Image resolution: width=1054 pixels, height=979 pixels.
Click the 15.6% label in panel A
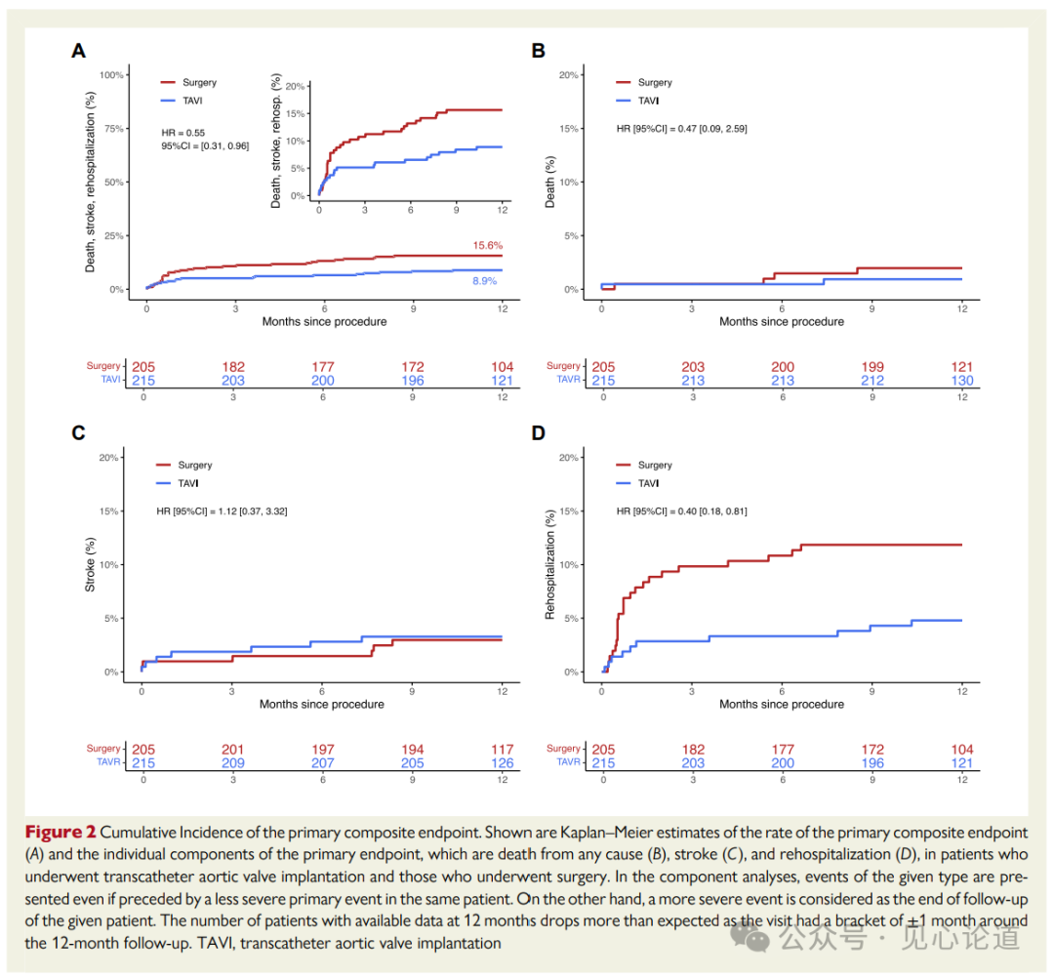(x=489, y=245)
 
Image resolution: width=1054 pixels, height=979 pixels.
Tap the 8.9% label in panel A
(x=485, y=281)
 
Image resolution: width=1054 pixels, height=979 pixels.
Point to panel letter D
(x=538, y=431)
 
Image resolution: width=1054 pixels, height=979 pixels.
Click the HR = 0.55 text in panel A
(x=182, y=131)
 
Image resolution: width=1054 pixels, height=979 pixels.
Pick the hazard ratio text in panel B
(x=681, y=128)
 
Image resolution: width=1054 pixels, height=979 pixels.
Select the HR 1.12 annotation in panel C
(x=222, y=510)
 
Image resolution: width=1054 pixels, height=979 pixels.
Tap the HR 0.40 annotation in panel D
(x=681, y=510)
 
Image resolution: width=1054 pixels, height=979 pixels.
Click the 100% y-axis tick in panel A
(x=110, y=75)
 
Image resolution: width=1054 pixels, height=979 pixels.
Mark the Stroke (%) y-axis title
(x=91, y=566)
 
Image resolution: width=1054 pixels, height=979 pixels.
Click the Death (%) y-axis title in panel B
(x=549, y=183)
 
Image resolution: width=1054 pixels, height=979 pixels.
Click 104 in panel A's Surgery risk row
(x=503, y=367)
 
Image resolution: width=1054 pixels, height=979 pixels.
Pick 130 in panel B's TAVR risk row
(x=961, y=381)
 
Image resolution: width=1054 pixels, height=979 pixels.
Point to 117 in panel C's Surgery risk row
(x=503, y=749)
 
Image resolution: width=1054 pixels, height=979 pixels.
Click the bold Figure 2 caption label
(x=61, y=833)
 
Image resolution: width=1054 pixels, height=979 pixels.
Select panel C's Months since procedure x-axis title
(x=322, y=704)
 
